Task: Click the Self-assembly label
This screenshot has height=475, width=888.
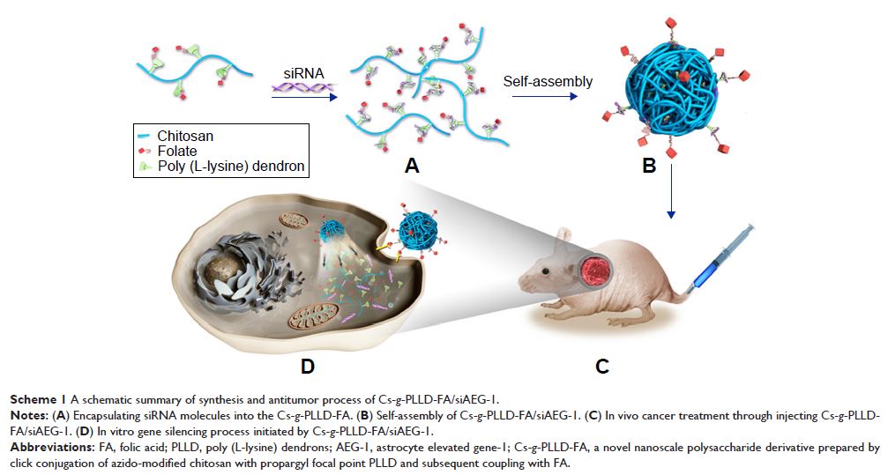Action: [x=548, y=82]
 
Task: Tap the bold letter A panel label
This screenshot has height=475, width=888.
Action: [x=408, y=164]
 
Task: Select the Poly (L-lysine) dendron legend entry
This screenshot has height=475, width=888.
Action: [x=220, y=166]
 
